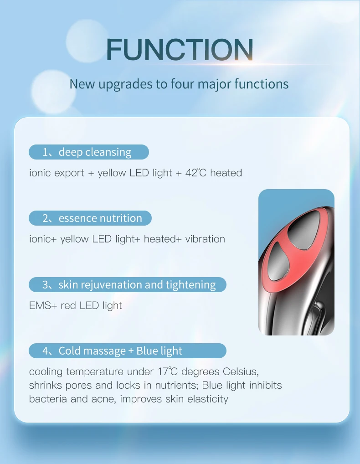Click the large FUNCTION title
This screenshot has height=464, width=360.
coord(180,50)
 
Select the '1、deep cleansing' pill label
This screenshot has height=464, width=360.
coord(88,152)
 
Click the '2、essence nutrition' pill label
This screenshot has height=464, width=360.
coord(90,218)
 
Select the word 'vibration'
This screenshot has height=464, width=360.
coord(205,239)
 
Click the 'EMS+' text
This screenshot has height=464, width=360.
coord(42,305)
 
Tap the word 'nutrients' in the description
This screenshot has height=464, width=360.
coord(175,386)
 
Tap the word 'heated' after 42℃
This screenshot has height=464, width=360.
coord(226,173)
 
